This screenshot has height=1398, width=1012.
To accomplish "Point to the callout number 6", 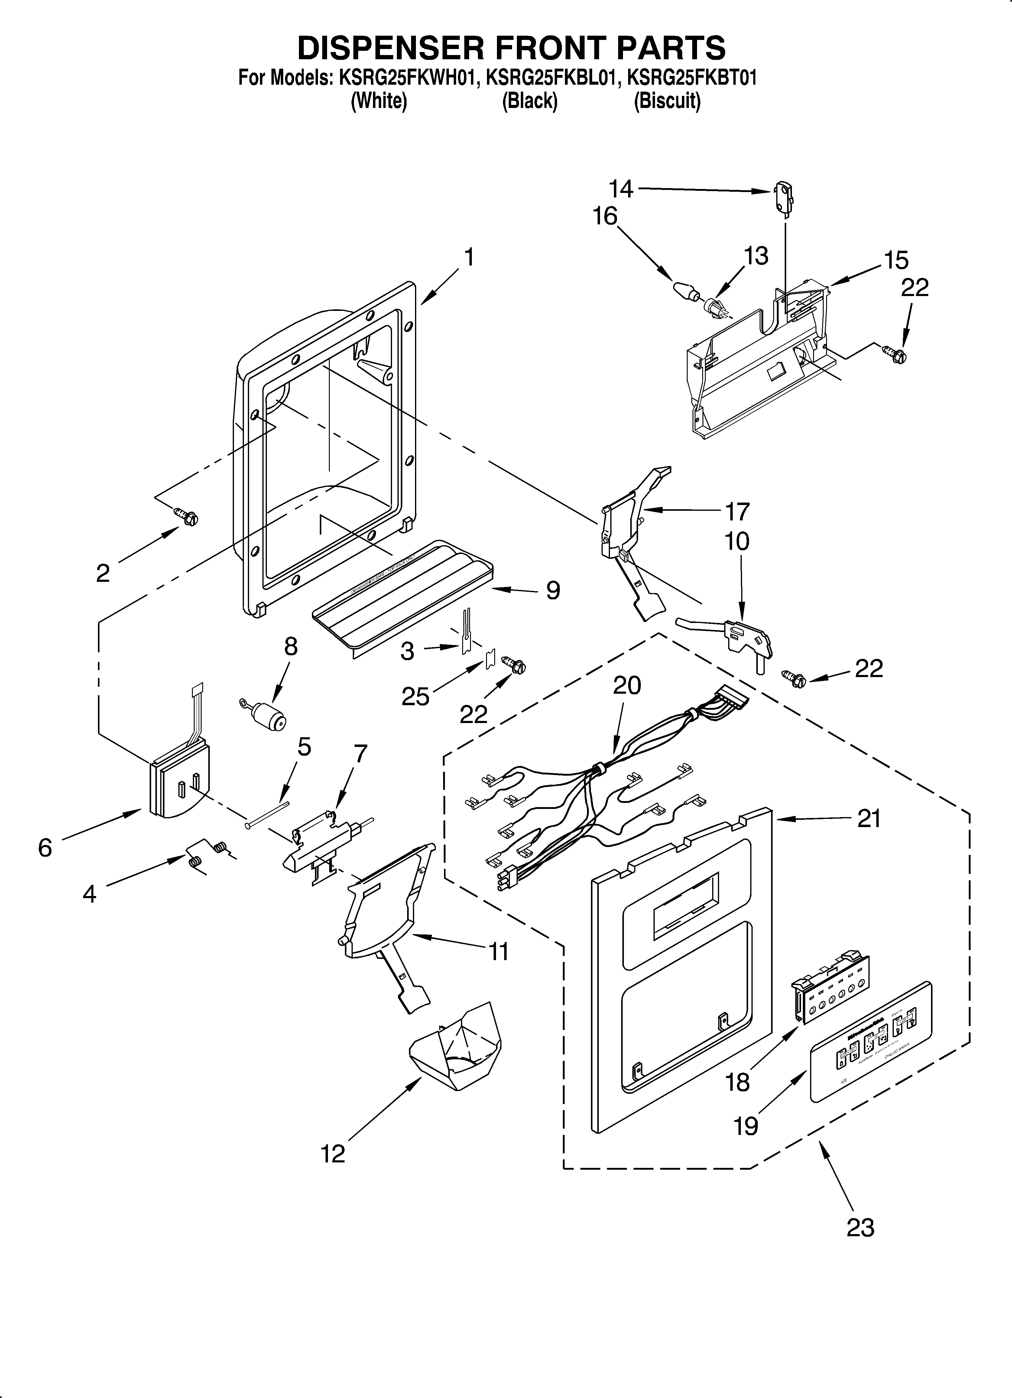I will point(45,848).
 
